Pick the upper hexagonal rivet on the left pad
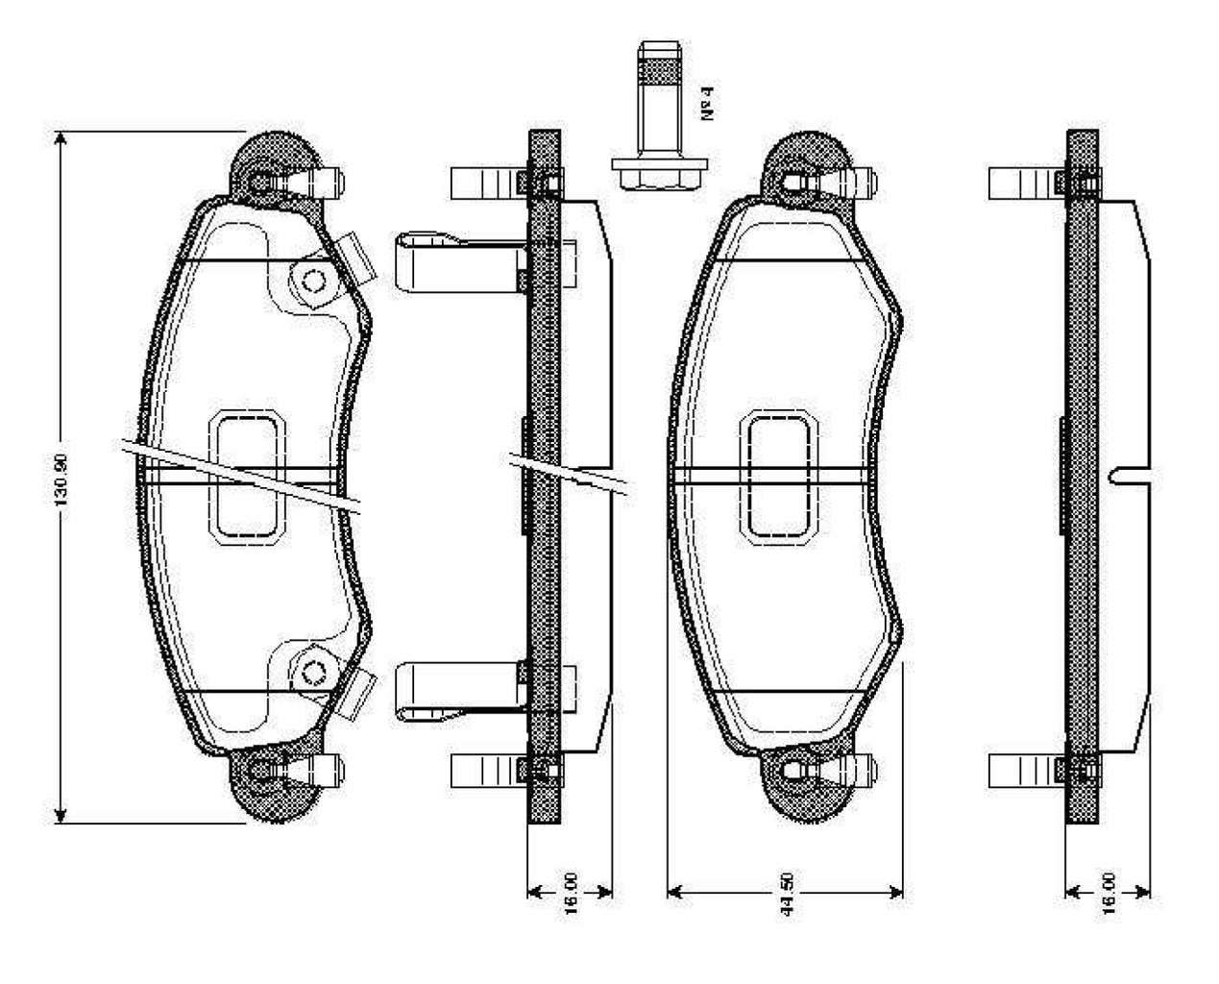(313, 281)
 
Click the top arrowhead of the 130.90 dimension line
(61, 139)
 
